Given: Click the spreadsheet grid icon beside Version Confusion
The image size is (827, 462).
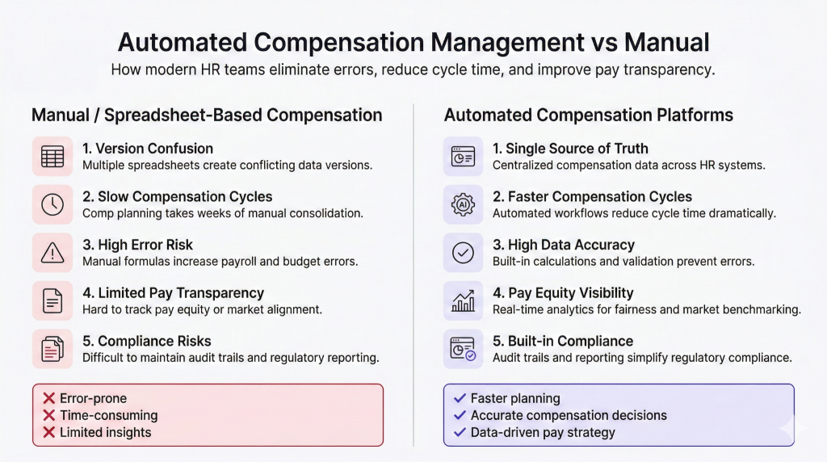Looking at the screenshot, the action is pyautogui.click(x=52, y=157).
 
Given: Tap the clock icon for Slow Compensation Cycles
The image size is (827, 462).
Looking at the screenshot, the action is pyautogui.click(x=52, y=204).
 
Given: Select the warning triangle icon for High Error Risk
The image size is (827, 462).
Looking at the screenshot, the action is pyautogui.click(x=52, y=253).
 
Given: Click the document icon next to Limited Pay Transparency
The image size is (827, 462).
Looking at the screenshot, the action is pyautogui.click(x=52, y=300).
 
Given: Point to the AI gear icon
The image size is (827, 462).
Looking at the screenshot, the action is pyautogui.click(x=463, y=204).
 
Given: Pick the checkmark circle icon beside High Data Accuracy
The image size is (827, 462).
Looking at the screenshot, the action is pyautogui.click(x=463, y=253).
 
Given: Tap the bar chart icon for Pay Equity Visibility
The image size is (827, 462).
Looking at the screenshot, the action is pyautogui.click(x=463, y=300).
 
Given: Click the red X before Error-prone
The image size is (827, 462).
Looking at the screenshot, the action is pyautogui.click(x=49, y=398).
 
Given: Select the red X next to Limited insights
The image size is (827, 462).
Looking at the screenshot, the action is pyautogui.click(x=49, y=432).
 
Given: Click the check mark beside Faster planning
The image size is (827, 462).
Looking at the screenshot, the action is pyautogui.click(x=460, y=398).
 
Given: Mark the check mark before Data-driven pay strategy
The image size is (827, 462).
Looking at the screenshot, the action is pyautogui.click(x=460, y=432).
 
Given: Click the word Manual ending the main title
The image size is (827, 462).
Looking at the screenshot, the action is pyautogui.click(x=666, y=42).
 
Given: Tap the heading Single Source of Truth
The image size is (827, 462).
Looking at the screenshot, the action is pyautogui.click(x=570, y=149).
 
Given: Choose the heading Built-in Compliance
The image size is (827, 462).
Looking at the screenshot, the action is pyautogui.click(x=563, y=341).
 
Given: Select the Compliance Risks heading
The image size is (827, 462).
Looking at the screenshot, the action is pyautogui.click(x=147, y=341).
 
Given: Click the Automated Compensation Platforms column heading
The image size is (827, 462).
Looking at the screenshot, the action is pyautogui.click(x=589, y=115).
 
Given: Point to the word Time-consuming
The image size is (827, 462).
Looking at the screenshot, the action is pyautogui.click(x=109, y=416).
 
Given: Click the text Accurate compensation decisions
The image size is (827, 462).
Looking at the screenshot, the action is pyautogui.click(x=569, y=416).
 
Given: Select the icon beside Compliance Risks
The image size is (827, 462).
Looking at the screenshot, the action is pyautogui.click(x=52, y=349).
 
